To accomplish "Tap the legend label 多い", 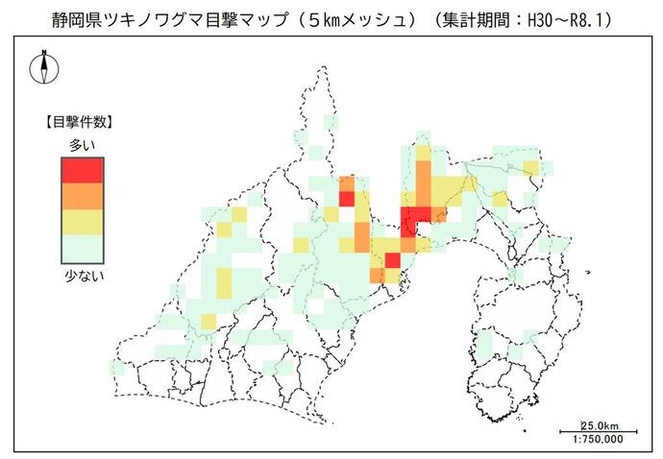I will tap(82, 144).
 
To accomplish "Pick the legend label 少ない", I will tap(82, 277).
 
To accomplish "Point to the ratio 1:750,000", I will tap(598, 439).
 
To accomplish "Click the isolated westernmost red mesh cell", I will tap(346, 199).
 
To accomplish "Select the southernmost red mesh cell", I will tap(391, 259).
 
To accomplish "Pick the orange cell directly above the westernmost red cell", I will tap(346, 184).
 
